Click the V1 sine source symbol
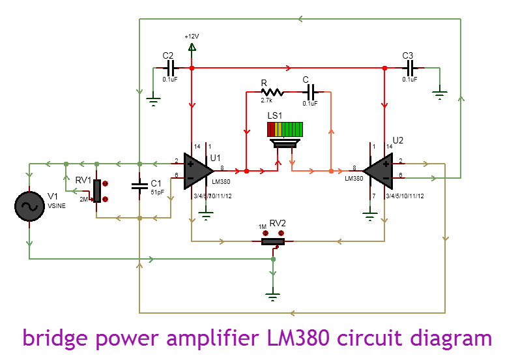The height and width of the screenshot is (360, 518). click(x=29, y=207)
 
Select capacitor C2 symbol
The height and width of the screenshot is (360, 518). click(x=171, y=68)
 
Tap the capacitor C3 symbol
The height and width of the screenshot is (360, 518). click(x=409, y=68)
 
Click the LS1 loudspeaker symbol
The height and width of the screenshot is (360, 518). click(x=284, y=133)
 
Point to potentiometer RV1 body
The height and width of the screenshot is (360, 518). click(x=97, y=190)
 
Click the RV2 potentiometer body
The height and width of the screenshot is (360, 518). click(x=273, y=241)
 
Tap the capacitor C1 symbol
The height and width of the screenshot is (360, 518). click(x=139, y=187)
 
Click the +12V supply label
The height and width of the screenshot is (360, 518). click(x=192, y=37)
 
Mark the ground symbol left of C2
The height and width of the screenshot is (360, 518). click(x=154, y=99)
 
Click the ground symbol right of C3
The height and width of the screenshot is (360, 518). click(x=440, y=95)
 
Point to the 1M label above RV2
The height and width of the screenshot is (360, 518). click(x=263, y=226)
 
